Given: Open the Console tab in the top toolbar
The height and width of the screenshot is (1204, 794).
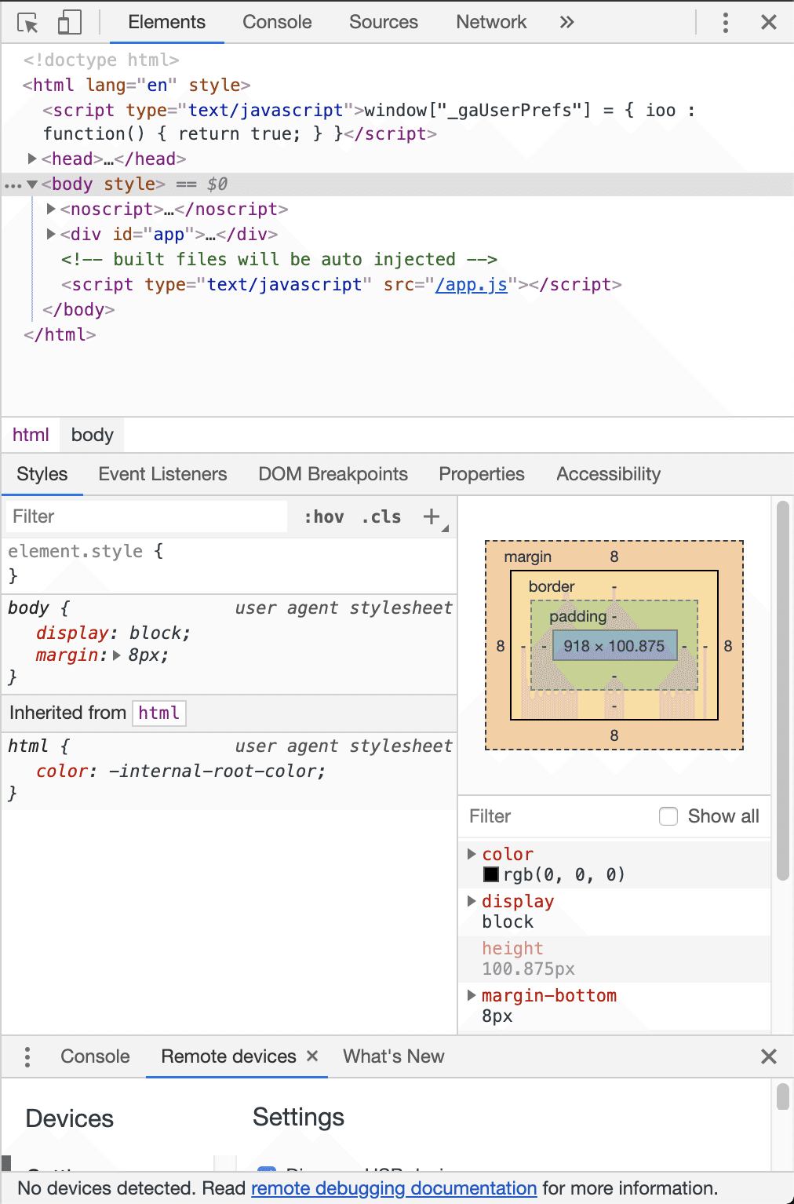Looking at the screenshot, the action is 277,22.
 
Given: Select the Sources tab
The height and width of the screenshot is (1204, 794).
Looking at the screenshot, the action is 383,22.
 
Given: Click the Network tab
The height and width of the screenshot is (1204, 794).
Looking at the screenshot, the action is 491,22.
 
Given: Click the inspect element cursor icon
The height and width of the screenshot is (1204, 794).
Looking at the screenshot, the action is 27,23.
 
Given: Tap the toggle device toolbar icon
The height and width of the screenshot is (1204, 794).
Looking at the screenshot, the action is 69,23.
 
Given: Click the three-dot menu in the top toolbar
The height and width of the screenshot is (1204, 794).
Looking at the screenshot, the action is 725,23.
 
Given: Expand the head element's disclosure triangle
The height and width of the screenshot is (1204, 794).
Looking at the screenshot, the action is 32,159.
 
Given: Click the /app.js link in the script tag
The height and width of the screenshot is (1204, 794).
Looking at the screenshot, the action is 471,284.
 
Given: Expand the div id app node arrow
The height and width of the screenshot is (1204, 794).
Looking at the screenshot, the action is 51,234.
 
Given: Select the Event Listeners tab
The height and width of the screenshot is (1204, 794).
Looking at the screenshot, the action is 162,474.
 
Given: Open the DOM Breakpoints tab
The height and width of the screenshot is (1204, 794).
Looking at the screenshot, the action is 333,474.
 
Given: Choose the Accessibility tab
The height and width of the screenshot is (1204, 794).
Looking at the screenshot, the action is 608,474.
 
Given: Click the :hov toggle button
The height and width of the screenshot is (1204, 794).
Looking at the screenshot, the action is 324,517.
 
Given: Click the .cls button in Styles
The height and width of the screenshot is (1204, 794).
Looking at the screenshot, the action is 381,517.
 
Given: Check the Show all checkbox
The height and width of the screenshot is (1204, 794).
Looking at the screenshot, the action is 668,816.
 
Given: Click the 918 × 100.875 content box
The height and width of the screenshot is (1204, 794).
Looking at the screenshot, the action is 614,645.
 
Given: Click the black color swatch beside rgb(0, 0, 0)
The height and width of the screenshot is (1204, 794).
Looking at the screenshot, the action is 490,874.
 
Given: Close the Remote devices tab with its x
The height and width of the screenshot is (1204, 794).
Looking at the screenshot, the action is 312,1056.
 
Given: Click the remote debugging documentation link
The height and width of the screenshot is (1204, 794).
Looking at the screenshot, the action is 394,1188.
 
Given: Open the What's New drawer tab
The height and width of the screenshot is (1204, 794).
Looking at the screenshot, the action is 394,1056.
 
